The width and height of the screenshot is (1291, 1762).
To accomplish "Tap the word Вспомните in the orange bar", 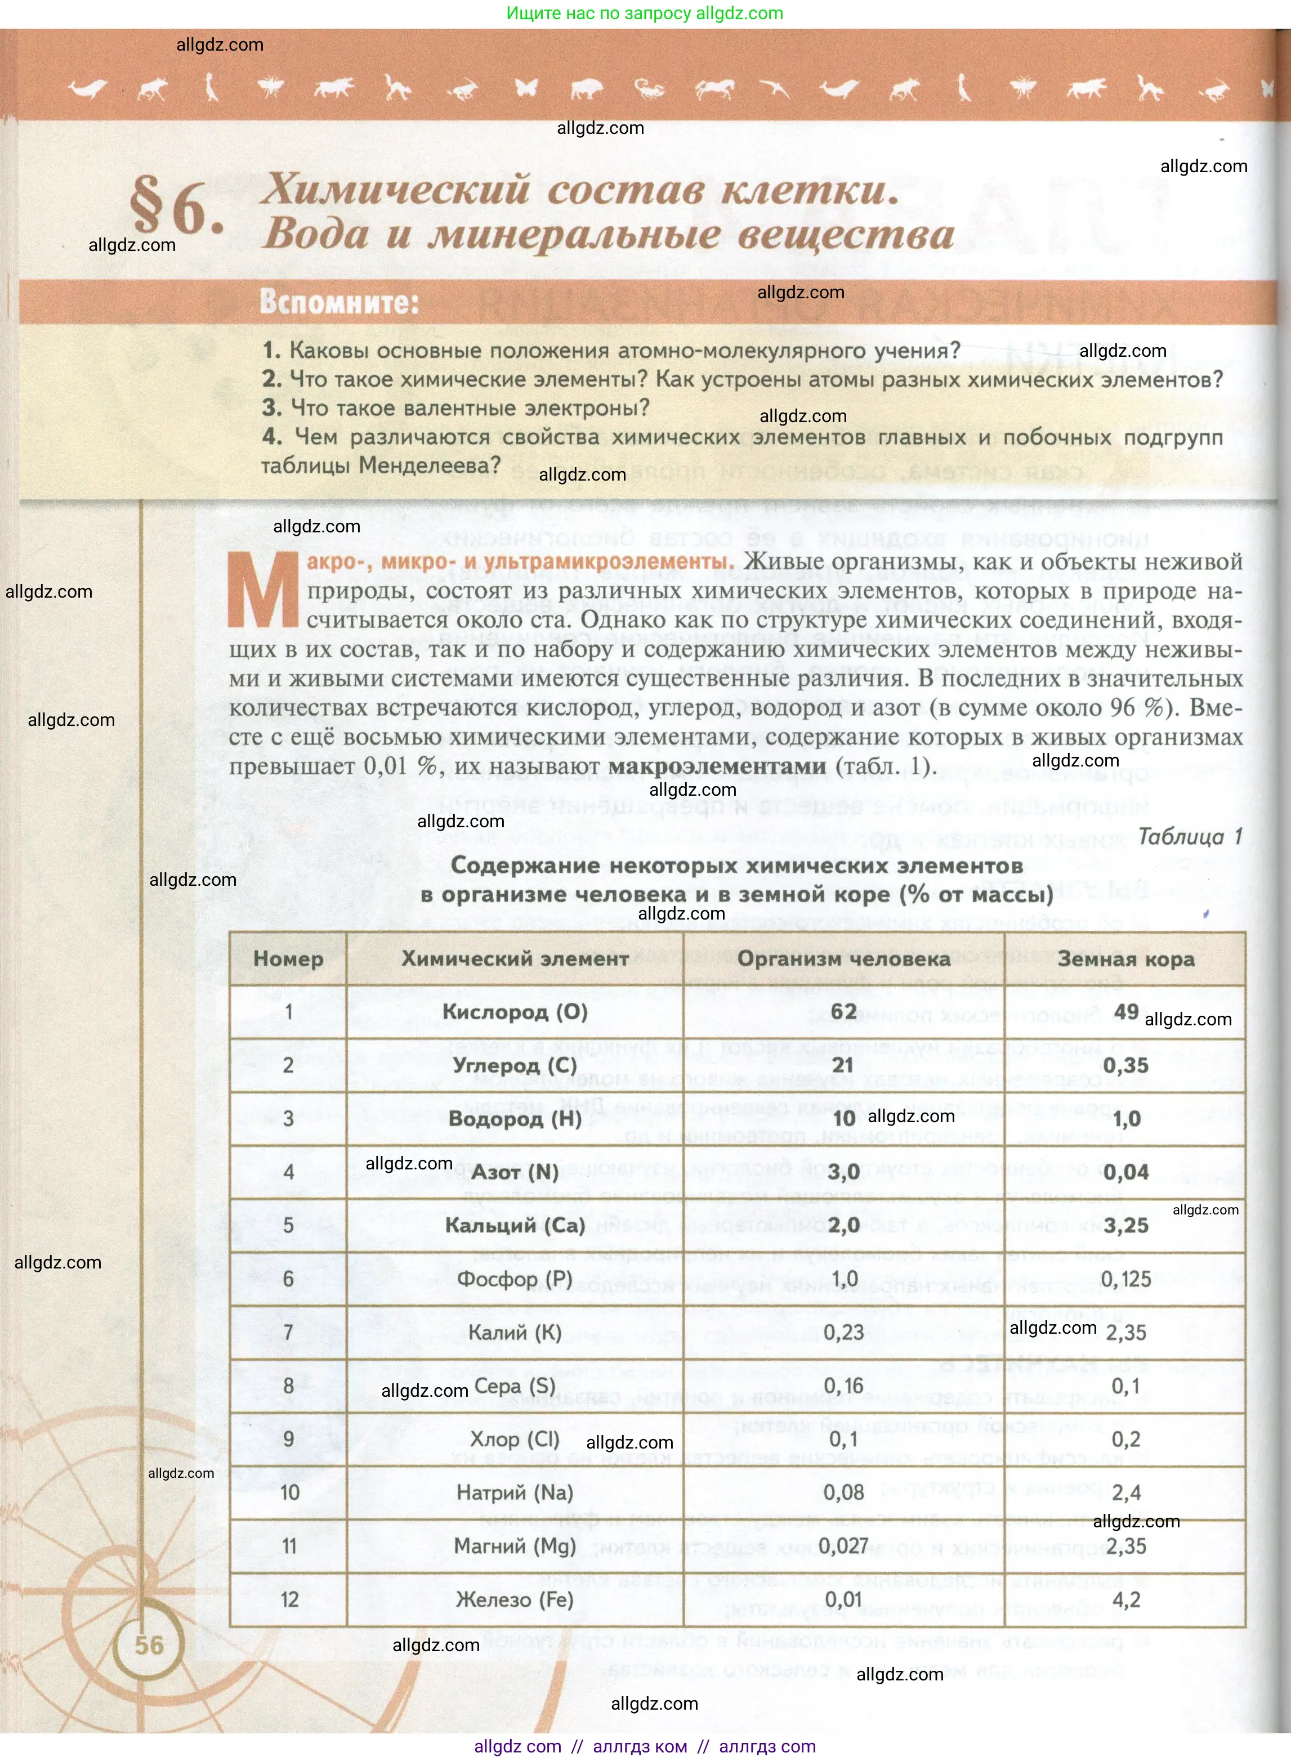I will point(339,302).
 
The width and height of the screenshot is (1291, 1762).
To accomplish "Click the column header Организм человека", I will point(843,958).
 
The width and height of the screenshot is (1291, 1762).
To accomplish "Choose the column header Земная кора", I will point(1125,958).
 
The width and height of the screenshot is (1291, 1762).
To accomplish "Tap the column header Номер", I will point(288,958).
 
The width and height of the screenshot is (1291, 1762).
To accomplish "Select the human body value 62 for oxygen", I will point(843,1011).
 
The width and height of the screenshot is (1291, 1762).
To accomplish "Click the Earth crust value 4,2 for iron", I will point(1126,1599).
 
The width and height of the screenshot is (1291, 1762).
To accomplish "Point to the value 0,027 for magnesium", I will point(843,1546).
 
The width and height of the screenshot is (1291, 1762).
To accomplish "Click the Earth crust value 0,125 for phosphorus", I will point(1125,1279).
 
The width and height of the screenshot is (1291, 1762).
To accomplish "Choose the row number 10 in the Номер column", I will point(289,1492).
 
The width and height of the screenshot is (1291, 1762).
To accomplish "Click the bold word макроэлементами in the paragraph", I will point(717,766).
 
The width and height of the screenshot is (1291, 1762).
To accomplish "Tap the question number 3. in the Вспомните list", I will point(272,407).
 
